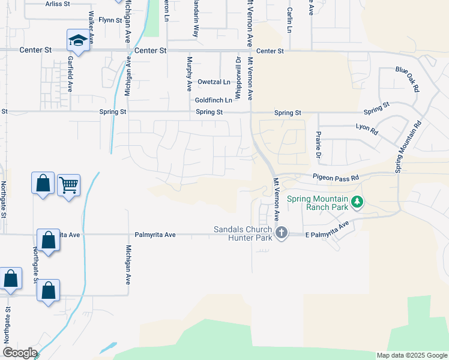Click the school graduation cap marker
pyautogui.click(x=77, y=41)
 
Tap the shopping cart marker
pyautogui.click(x=68, y=186)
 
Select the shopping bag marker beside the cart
pyautogui.click(x=43, y=183)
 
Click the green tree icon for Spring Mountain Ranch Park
pyautogui.click(x=358, y=202)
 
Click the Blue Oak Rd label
pyautogui.click(x=407, y=79)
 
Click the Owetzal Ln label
pyautogui.click(x=214, y=82)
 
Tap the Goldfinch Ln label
pyautogui.click(x=213, y=100)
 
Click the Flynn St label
pyautogui.click(x=110, y=20)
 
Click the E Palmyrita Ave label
pyautogui.click(x=327, y=231)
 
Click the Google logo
pyautogui.click(x=19, y=353)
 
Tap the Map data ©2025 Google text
pyautogui.click(x=411, y=355)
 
